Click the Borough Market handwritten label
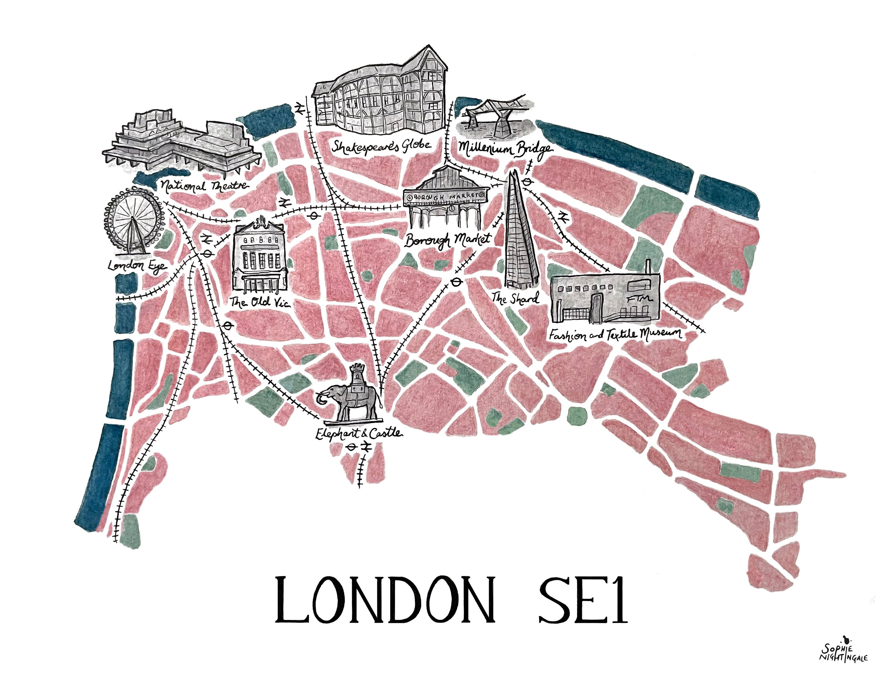[447, 240]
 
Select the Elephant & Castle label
[358, 434]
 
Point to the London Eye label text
[137, 266]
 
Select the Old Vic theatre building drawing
[260, 257]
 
